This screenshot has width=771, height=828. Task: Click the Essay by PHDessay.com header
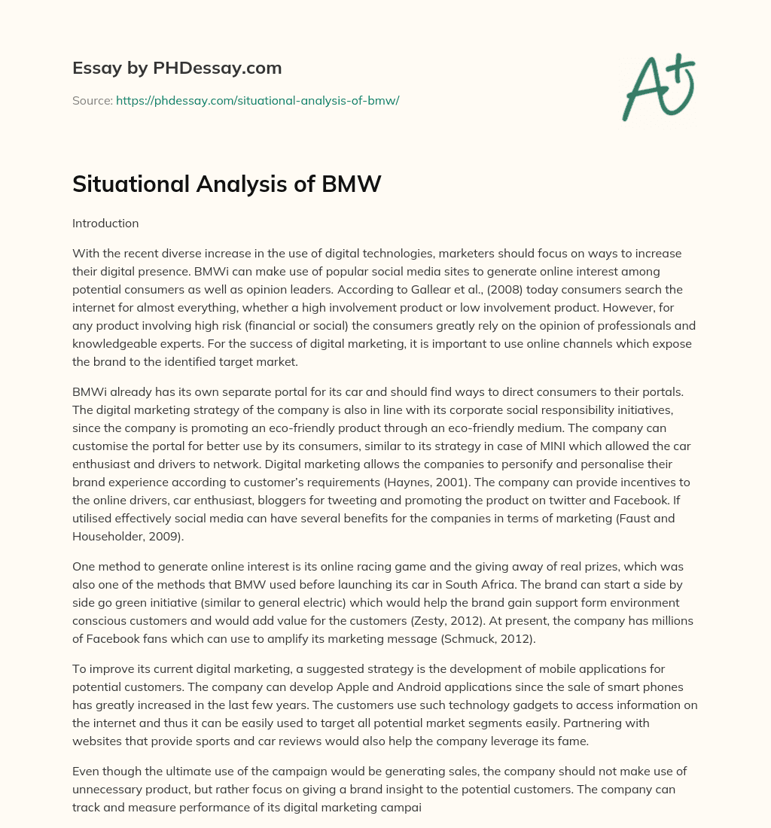tap(177, 68)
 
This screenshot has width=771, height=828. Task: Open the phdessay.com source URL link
tap(257, 100)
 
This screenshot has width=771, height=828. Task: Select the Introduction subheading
tap(105, 223)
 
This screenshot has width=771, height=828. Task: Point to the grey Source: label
tap(92, 100)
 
